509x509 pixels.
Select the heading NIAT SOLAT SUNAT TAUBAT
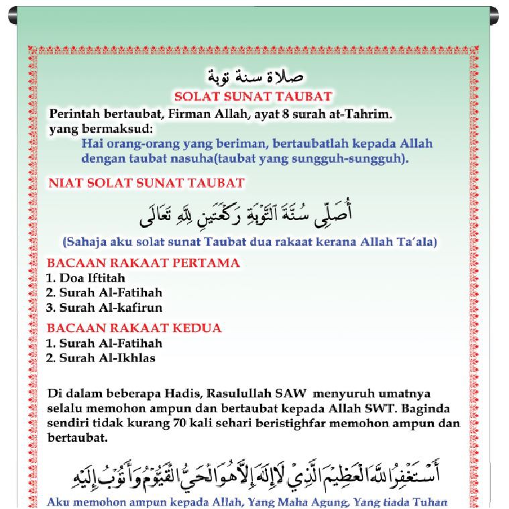tap(147, 182)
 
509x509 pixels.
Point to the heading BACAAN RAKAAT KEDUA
tap(133, 329)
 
